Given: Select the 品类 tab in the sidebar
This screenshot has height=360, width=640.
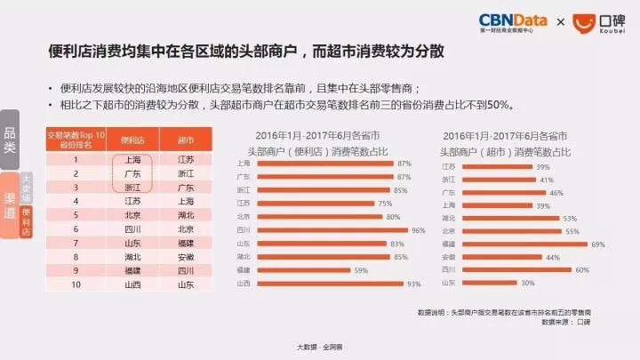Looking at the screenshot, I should click(x=10, y=140).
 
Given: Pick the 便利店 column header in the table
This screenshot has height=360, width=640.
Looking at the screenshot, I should click(x=132, y=140).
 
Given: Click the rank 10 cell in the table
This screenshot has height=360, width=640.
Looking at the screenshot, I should click(x=76, y=284).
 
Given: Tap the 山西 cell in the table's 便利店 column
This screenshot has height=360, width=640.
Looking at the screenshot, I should click(x=132, y=284).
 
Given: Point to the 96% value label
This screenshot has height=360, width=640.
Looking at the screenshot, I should click(x=418, y=229).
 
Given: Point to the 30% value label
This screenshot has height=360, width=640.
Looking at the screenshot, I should click(x=528, y=283).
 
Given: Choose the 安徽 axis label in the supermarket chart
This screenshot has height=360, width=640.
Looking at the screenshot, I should click(x=449, y=257).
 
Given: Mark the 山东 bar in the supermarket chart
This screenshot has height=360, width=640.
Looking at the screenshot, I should click(x=488, y=283).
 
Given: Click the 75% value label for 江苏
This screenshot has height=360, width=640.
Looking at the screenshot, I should click(x=384, y=203).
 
